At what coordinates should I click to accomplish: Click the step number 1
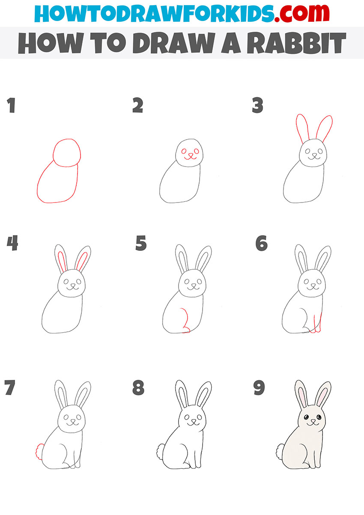[11, 106]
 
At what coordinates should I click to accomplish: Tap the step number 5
[141, 244]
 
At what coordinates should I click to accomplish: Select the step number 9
[259, 388]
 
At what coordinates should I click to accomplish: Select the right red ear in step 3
[327, 128]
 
